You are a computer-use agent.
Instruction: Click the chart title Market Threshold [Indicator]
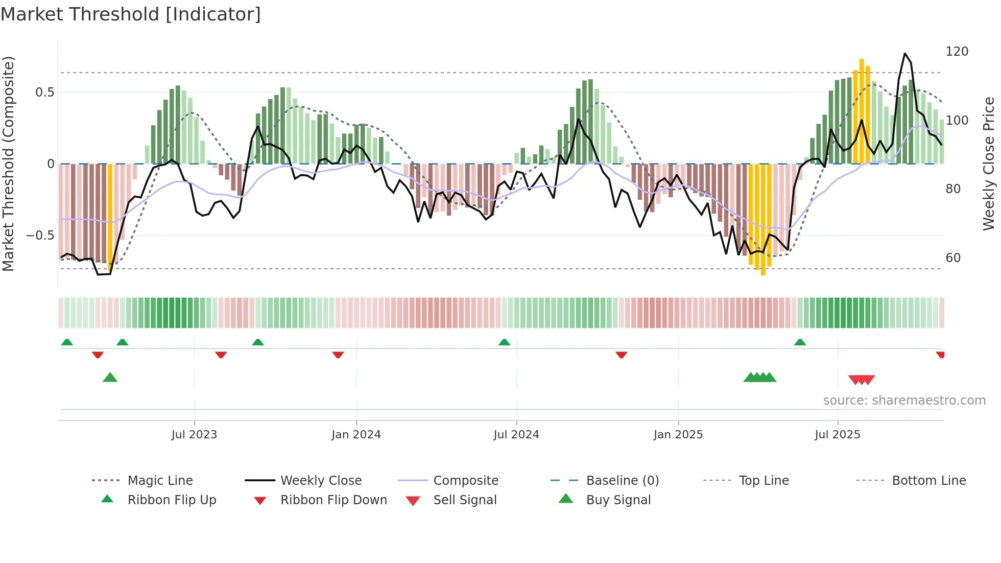(131, 14)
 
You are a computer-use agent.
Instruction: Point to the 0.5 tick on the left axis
(44, 92)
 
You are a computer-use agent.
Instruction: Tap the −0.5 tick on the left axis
(40, 236)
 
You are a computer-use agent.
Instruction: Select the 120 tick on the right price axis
(957, 52)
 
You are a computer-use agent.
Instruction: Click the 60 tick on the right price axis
(953, 258)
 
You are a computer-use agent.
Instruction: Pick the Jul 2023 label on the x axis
(194, 435)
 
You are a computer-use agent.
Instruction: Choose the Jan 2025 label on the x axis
(678, 435)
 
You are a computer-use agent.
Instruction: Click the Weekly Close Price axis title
(989, 163)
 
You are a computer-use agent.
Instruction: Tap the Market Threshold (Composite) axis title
(8, 163)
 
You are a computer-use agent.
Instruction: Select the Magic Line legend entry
(160, 481)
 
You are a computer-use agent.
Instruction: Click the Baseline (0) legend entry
(622, 481)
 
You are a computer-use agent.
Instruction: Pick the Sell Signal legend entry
(464, 500)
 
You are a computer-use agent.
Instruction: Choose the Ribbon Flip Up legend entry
(172, 500)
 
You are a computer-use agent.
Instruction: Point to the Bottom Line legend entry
(928, 481)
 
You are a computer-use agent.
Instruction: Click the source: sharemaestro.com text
(904, 401)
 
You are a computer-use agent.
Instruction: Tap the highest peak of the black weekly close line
(905, 54)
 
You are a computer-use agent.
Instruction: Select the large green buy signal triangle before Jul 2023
(110, 378)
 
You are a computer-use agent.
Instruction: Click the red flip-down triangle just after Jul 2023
(221, 355)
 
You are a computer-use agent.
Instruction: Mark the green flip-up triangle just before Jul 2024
(504, 342)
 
